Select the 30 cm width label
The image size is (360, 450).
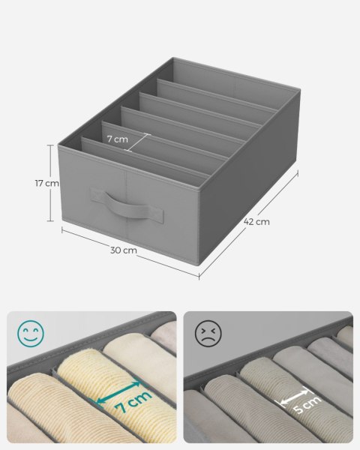click(x=124, y=249)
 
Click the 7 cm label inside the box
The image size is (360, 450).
click(x=116, y=139)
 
